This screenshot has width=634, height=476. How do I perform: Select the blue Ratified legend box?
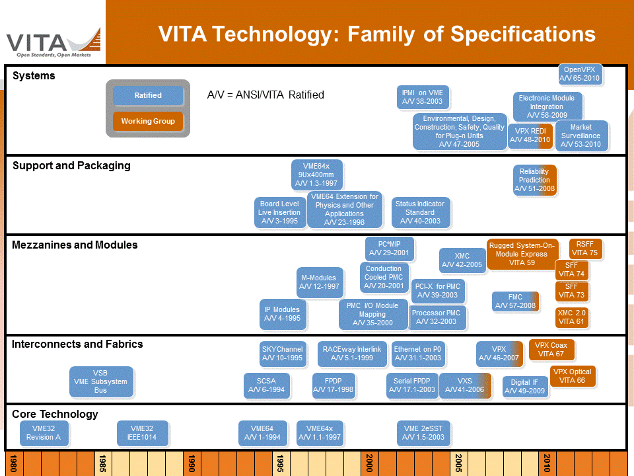[x=148, y=95]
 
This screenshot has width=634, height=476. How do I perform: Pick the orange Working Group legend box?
[x=148, y=121]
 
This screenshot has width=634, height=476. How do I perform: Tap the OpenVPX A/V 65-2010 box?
[x=579, y=74]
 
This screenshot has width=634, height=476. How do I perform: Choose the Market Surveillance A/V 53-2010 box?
[x=581, y=136]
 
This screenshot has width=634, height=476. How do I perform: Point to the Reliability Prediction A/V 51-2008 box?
[x=534, y=180]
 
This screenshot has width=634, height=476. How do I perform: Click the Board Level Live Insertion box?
[x=280, y=213]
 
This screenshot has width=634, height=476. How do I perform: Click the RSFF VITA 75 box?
[x=584, y=249]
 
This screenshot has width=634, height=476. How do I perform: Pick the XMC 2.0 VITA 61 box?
[x=571, y=317]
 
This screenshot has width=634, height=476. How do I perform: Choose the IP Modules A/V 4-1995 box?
[x=282, y=314]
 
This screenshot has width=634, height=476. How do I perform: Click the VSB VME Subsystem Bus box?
[x=100, y=381]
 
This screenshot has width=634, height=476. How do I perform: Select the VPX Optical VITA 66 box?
[x=572, y=376]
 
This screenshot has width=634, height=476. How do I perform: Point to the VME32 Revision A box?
[x=44, y=433]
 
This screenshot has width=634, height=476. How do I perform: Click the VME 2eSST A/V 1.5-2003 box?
[x=423, y=433]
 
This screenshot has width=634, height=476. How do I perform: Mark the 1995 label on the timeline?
[x=281, y=462]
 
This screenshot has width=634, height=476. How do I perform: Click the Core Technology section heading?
[x=55, y=414]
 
